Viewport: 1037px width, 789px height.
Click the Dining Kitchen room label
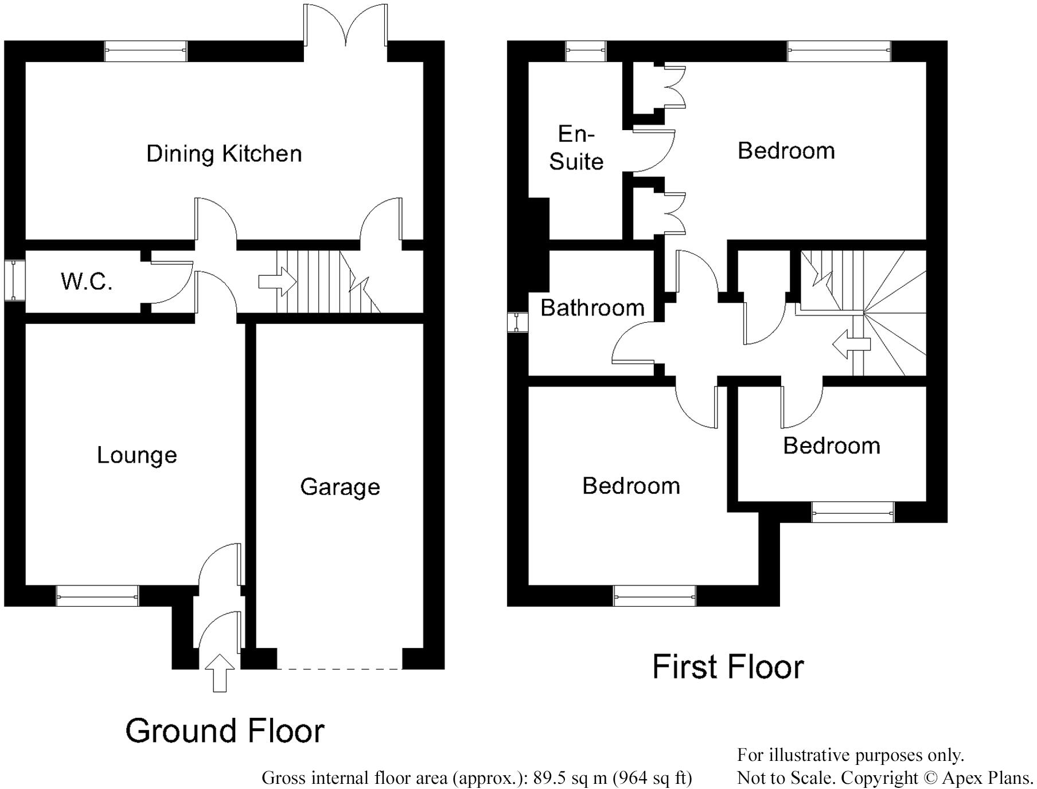224,154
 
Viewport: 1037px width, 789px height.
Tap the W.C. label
86,282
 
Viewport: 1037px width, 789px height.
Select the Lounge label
137,455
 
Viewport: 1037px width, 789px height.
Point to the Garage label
340,487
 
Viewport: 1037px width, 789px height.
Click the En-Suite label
576,148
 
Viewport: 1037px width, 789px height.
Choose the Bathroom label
592,308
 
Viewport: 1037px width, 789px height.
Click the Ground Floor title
225,731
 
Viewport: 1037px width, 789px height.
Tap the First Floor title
728,667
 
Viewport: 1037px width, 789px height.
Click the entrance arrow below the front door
220,673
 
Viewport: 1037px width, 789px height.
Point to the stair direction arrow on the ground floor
278,282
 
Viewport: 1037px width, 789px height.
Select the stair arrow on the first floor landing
851,345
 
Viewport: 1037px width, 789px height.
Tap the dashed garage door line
340,669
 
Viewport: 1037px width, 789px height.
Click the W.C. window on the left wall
15,280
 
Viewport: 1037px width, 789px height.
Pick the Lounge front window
98,596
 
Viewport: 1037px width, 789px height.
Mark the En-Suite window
586,51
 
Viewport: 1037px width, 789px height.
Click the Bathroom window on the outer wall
517,322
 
